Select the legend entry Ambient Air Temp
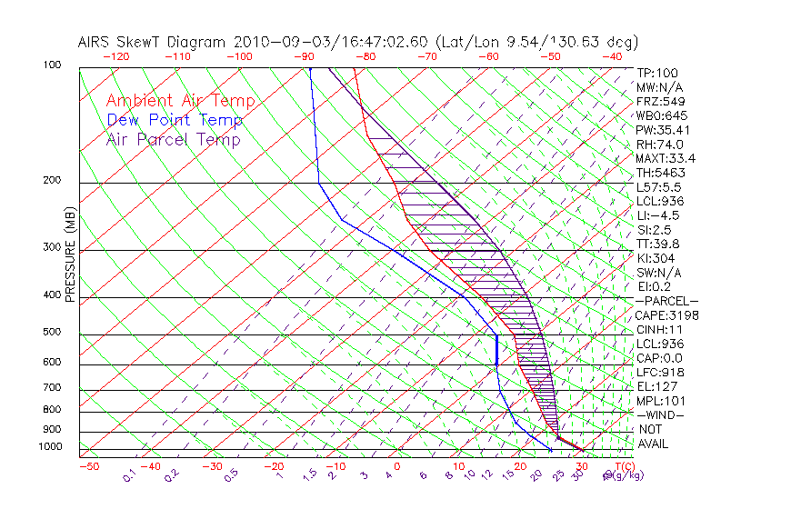pyautogui.click(x=180, y=101)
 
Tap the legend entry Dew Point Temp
pyautogui.click(x=175, y=120)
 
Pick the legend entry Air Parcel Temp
pyautogui.click(x=173, y=139)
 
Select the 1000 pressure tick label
pyautogui.click(x=51, y=447)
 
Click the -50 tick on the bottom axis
pyautogui.click(x=88, y=466)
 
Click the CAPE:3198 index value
pyautogui.click(x=666, y=315)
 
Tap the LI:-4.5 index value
pyautogui.click(x=658, y=215)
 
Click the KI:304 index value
pyautogui.click(x=656, y=258)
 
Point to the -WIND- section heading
pyautogui.click(x=661, y=414)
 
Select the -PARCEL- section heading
pyautogui.click(x=666, y=301)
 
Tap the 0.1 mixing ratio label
pyautogui.click(x=130, y=474)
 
